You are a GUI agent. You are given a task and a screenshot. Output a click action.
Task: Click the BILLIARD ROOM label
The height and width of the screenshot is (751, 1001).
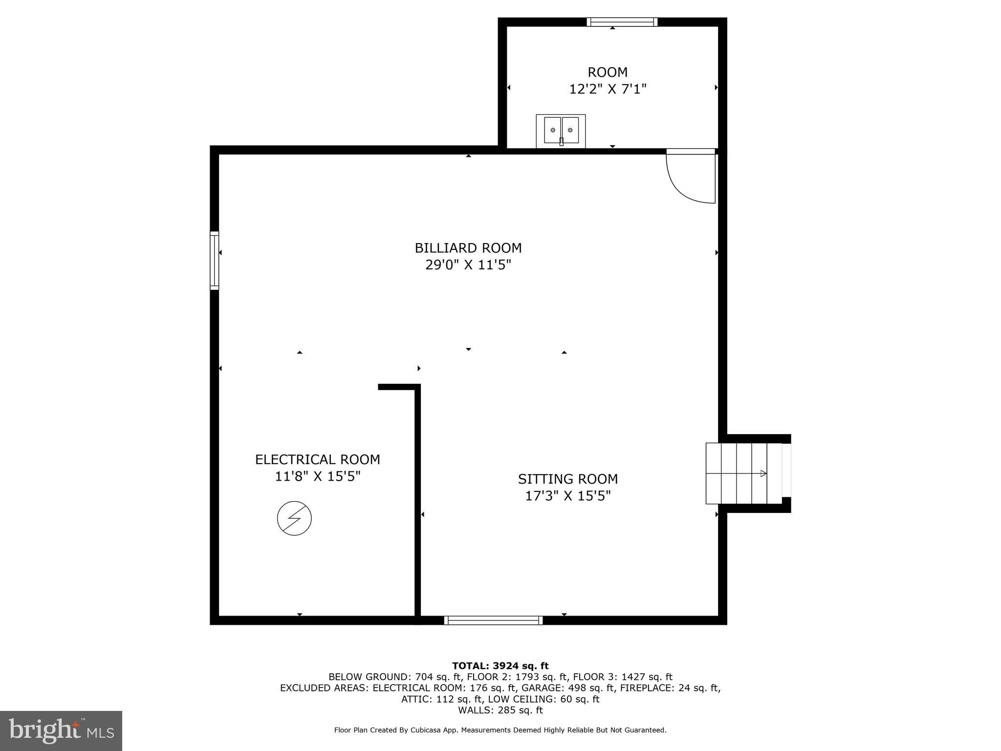tap(468, 248)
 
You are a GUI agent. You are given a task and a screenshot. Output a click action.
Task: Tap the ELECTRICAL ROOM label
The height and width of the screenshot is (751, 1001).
tap(318, 460)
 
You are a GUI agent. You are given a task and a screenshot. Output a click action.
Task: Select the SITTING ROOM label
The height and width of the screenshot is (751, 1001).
tap(568, 479)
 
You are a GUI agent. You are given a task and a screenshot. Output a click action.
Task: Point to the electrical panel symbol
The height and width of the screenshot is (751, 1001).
tap(294, 518)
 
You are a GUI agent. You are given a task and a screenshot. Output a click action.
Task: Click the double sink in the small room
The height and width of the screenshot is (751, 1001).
tap(561, 131)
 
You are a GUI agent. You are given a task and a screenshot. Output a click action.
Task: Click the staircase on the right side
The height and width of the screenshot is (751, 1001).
tap(744, 473)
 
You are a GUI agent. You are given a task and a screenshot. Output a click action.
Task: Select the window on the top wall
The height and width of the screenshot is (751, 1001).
tap(622, 22)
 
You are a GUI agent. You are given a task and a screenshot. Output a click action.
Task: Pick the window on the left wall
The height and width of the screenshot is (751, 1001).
tap(215, 261)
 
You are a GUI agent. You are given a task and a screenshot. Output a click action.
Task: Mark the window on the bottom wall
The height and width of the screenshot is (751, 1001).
tap(494, 620)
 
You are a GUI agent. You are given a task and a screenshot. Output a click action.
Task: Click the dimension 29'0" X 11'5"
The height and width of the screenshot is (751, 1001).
tap(468, 265)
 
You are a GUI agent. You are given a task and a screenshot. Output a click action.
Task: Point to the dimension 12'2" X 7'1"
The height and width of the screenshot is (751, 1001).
tap(608, 89)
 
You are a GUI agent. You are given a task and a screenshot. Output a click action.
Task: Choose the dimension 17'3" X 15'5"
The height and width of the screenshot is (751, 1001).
tap(568, 496)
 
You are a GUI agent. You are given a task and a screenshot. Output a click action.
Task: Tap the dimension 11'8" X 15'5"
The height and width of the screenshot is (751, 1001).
tap(318, 476)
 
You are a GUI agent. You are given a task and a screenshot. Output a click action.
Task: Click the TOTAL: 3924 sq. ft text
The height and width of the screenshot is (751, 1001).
tap(500, 666)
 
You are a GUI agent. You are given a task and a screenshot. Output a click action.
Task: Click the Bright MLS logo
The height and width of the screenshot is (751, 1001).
tap(61, 731)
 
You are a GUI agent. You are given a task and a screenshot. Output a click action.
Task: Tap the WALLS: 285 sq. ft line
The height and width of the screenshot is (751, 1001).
tap(500, 710)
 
